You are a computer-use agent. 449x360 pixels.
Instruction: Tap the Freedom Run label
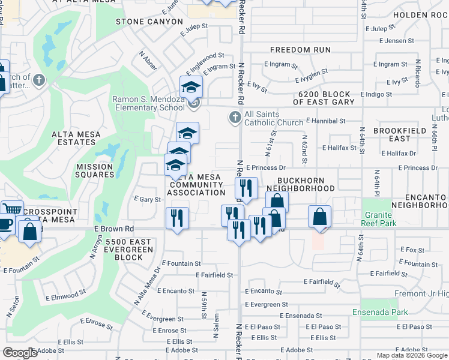[300, 50]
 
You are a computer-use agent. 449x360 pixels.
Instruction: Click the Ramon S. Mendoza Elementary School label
[148, 103]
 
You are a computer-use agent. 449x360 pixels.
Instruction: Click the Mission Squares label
[94, 170]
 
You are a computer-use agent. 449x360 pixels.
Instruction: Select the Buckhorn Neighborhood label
[306, 184]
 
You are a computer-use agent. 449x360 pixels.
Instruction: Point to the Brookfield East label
[392, 134]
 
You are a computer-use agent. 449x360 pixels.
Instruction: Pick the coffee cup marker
[5, 224]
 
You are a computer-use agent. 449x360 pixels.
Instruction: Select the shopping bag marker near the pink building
[320, 216]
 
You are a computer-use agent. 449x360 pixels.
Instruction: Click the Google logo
[20, 353]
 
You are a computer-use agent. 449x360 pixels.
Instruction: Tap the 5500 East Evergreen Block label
[124, 249]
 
